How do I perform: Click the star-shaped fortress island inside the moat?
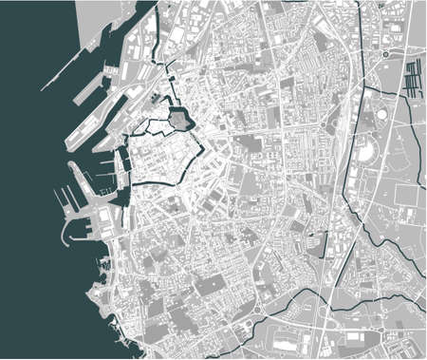coord(179,118)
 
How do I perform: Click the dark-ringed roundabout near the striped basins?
coord(386,55)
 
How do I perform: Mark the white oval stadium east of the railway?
coord(364,146)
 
